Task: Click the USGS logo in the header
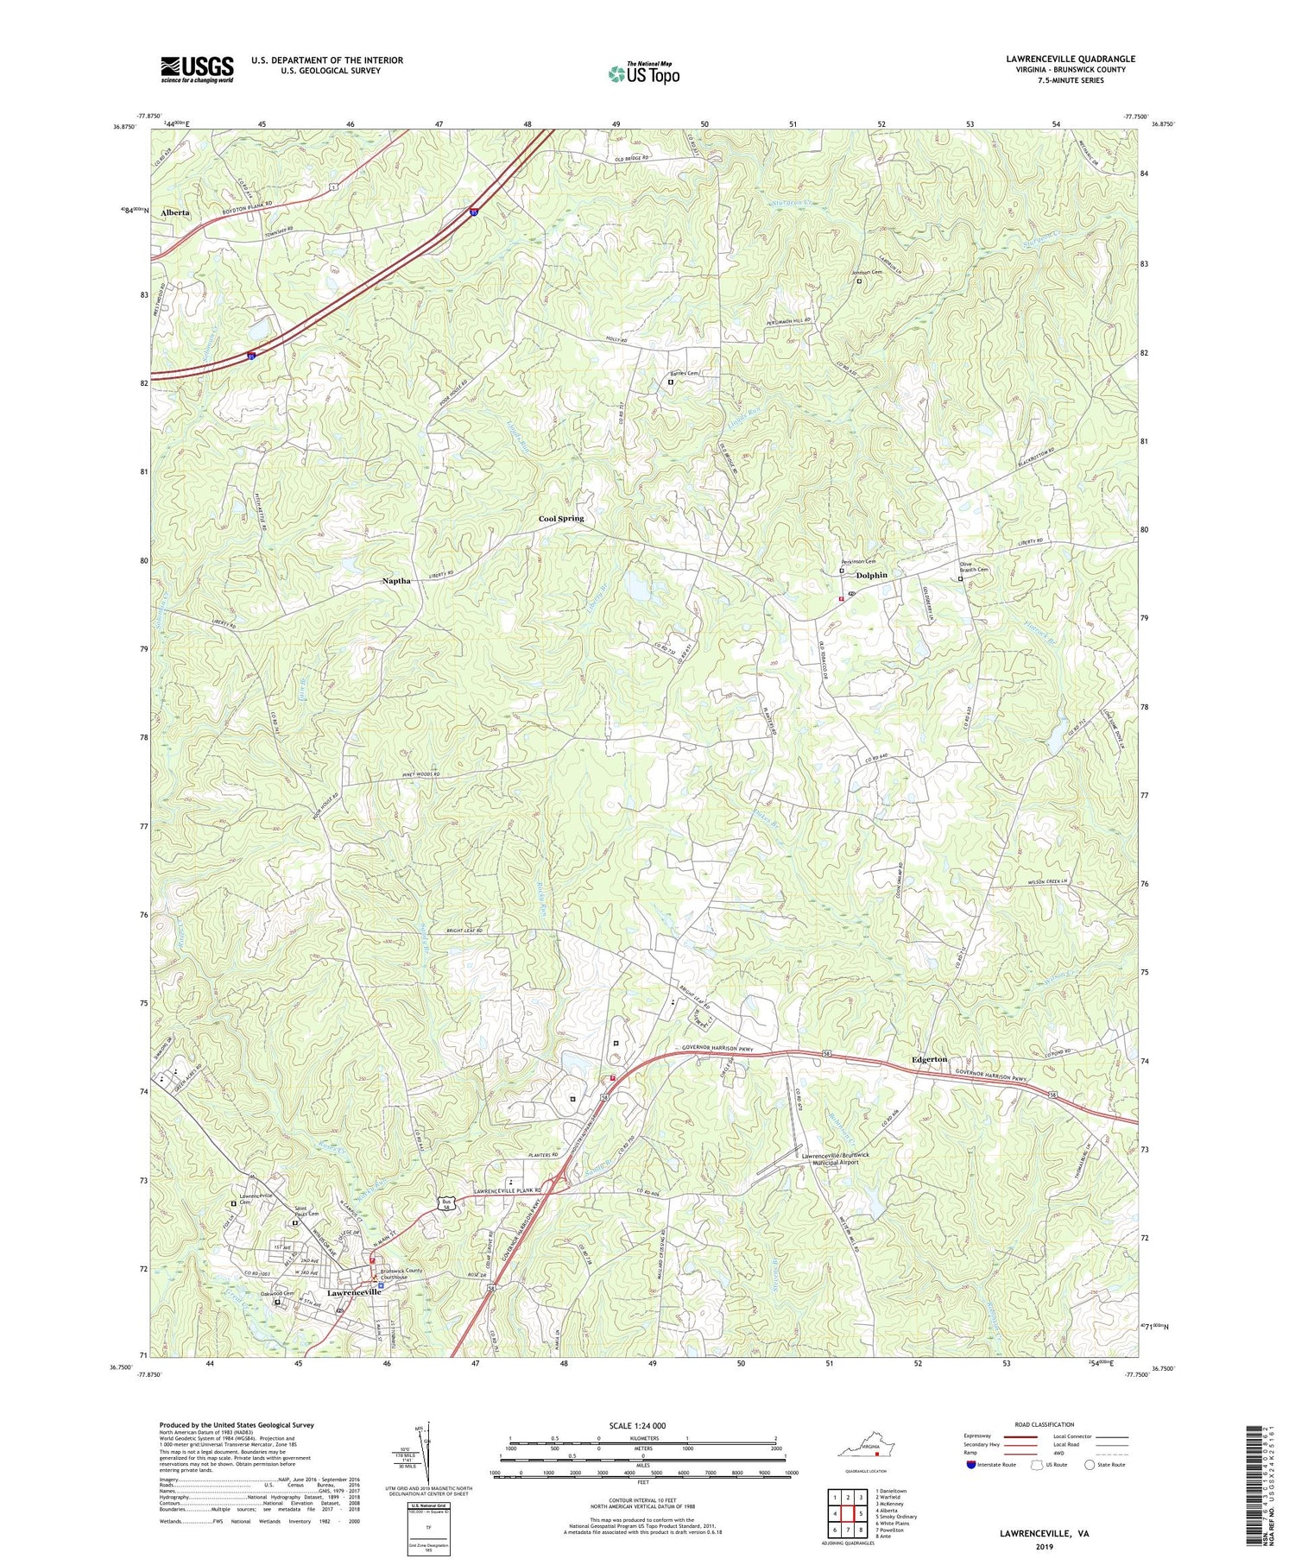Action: pyautogui.click(x=196, y=69)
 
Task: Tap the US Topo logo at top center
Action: pyautogui.click(x=643, y=73)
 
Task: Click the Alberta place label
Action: pyautogui.click(x=174, y=211)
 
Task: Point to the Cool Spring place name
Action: pyautogui.click(x=561, y=518)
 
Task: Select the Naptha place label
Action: pyautogui.click(x=396, y=581)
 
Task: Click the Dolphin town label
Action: pyautogui.click(x=871, y=574)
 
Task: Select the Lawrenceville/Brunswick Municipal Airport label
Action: pyautogui.click(x=836, y=1158)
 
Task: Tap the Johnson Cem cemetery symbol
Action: pyautogui.click(x=858, y=281)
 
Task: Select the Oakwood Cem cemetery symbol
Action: pyautogui.click(x=278, y=1303)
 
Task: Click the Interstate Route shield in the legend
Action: pyautogui.click(x=973, y=1465)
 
